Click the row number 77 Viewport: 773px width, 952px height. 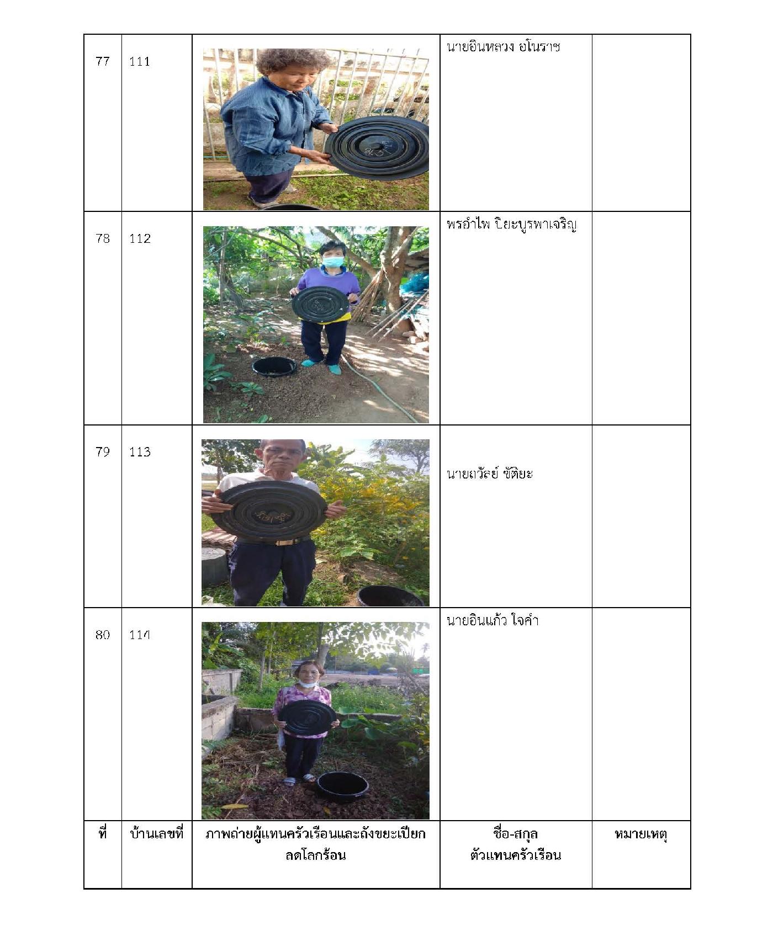tap(103, 61)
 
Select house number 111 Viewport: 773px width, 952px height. tap(140, 61)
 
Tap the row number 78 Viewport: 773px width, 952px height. tap(103, 238)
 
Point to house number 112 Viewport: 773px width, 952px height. tap(140, 238)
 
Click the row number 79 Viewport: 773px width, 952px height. tap(103, 452)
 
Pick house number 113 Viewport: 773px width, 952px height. tap(140, 452)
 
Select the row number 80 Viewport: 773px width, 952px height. tap(103, 635)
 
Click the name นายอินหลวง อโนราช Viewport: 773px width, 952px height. tap(503, 47)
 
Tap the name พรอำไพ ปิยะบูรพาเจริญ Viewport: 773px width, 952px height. tap(511, 225)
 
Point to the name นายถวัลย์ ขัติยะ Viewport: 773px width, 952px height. tap(489, 473)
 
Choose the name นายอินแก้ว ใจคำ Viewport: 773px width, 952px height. tap(492, 620)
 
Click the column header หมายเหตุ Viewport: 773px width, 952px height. tap(640, 834)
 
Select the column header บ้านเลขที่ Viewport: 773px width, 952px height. tap(156, 833)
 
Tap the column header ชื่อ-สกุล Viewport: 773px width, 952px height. tap(515, 833)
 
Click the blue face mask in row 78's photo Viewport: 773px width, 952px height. tap(332, 262)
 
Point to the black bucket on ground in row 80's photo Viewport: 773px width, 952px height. tap(342, 786)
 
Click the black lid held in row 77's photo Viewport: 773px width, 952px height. tap(377, 148)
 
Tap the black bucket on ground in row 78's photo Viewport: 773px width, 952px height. tap(274, 367)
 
